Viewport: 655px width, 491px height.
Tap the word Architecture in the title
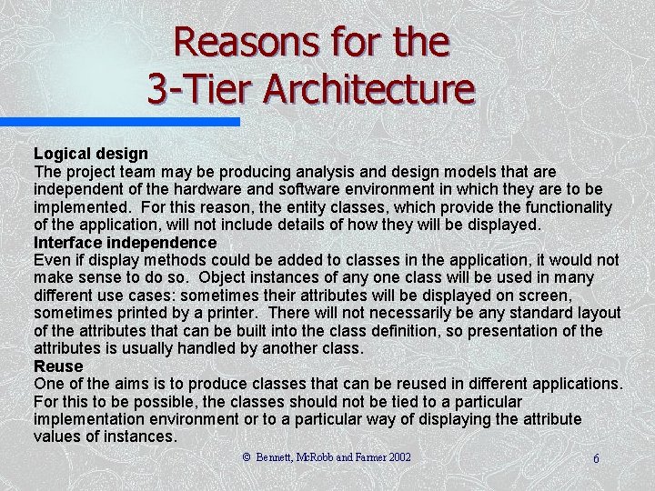click(369, 89)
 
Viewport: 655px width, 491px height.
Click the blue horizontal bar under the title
click(119, 121)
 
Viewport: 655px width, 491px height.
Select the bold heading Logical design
click(91, 154)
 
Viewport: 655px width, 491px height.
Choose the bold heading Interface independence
click(125, 243)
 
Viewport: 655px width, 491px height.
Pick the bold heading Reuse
click(58, 366)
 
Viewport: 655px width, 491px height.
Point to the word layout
click(597, 314)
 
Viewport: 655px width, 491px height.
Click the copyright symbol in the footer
click(246, 457)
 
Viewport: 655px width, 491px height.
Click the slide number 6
click(596, 459)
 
